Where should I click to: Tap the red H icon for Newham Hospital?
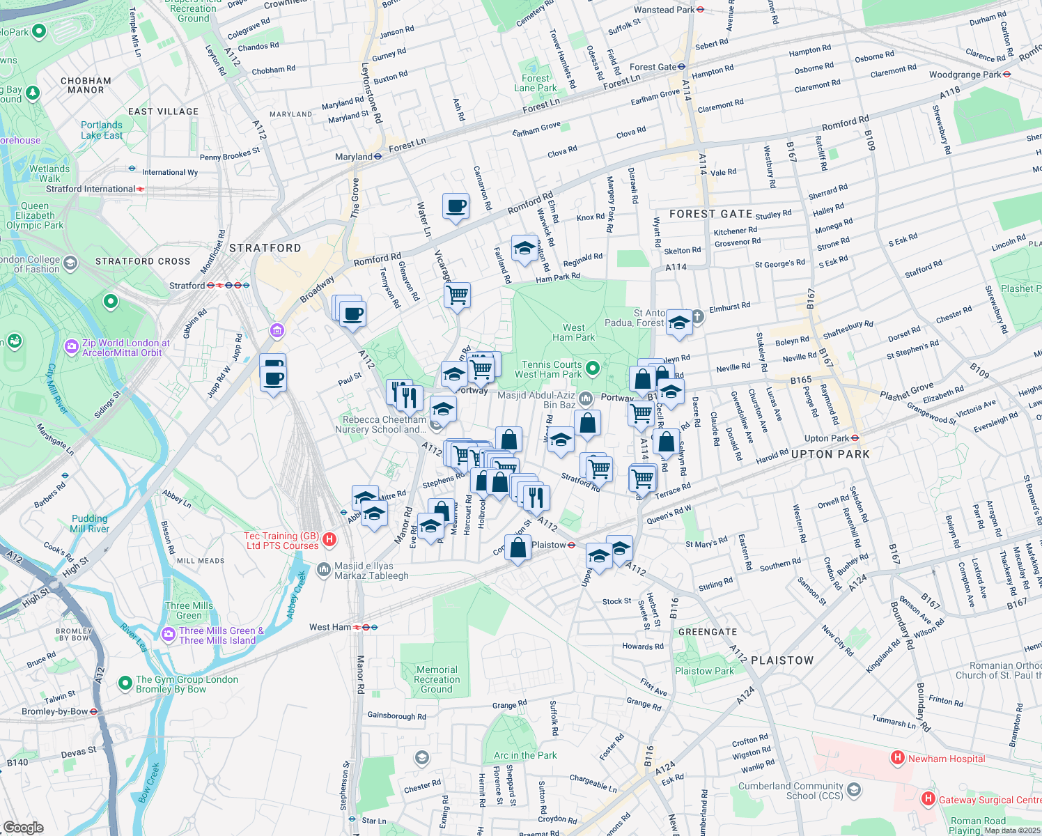898,757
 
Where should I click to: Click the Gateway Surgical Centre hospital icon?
928,799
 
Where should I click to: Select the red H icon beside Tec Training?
330,539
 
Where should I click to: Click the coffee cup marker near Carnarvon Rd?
456,206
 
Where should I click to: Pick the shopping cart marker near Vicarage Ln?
458,295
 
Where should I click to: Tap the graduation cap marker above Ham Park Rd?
524,248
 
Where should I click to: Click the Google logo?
23,827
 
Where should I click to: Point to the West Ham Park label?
573,332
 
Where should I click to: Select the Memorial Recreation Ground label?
437,679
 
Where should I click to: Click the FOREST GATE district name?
710,214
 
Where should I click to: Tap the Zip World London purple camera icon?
72,346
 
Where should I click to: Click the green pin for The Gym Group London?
125,683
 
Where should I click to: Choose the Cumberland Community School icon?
855,790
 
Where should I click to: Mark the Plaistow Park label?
704,671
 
